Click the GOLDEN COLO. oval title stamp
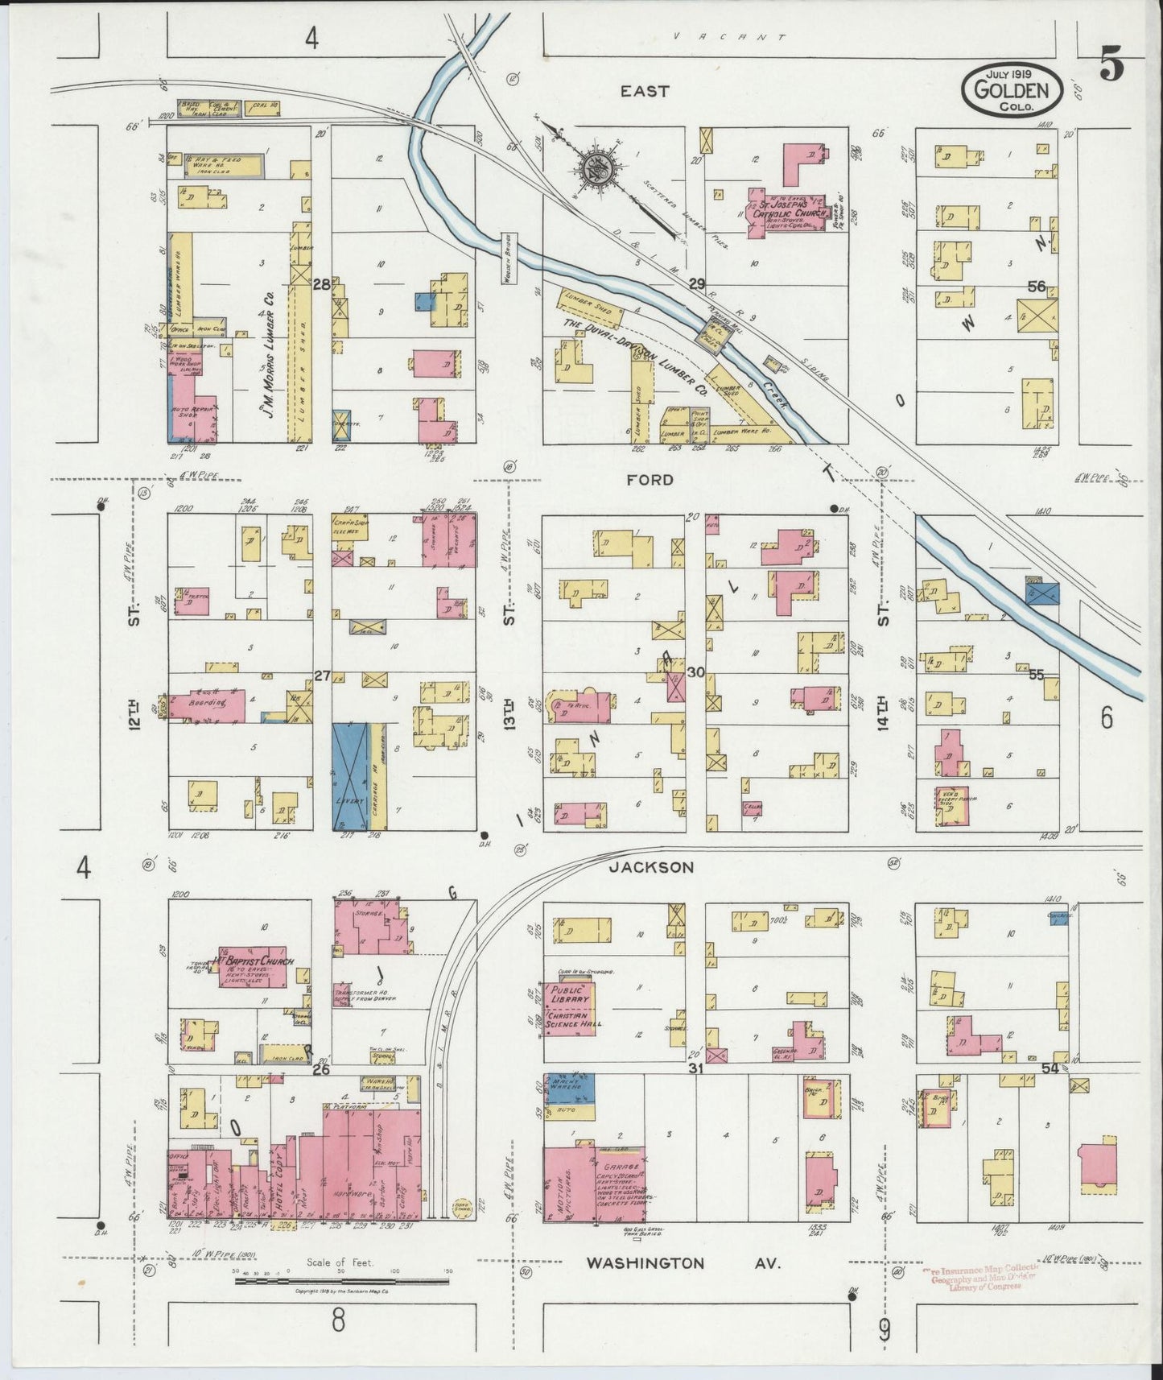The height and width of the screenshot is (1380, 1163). (1012, 90)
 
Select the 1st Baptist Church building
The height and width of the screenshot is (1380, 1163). (251, 965)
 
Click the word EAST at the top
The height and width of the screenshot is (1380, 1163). (644, 92)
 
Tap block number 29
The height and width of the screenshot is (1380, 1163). (696, 283)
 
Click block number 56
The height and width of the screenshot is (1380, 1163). (1036, 286)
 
